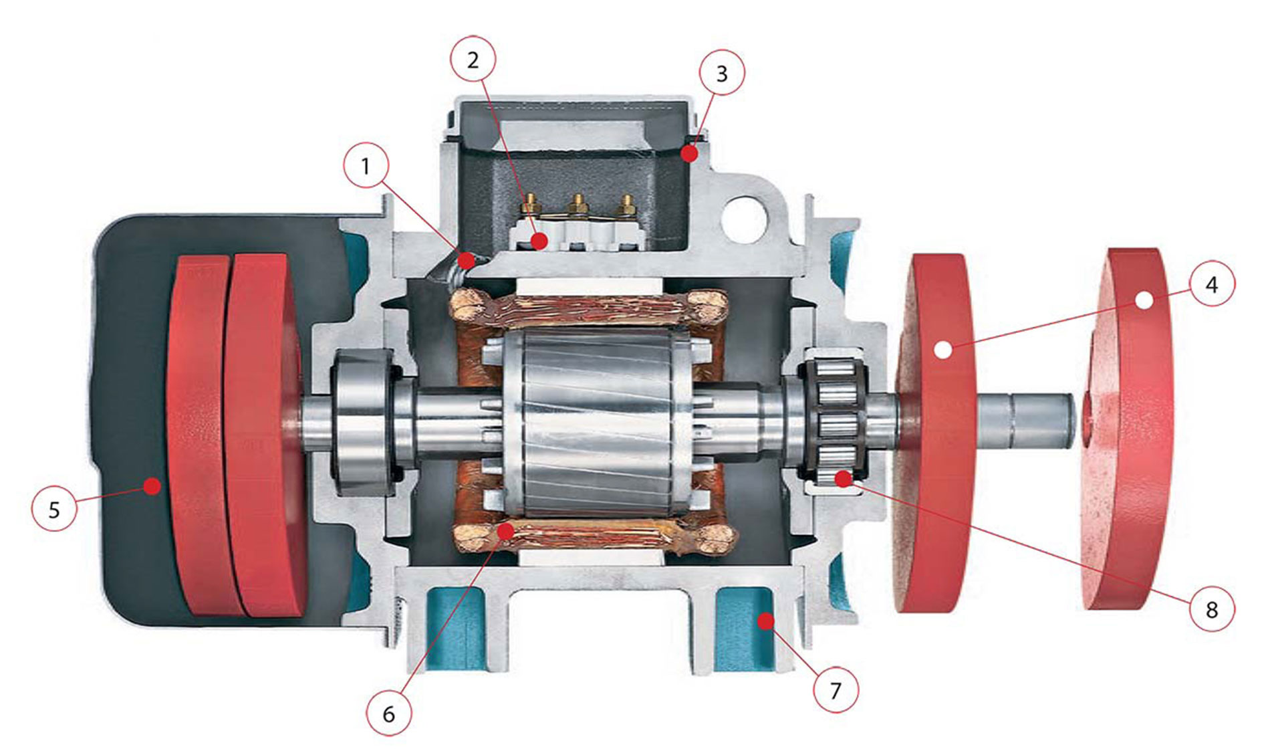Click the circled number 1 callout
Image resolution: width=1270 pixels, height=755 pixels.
click(366, 165)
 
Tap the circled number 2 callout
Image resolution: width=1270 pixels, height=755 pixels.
click(473, 60)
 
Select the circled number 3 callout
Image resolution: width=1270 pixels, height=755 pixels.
click(721, 73)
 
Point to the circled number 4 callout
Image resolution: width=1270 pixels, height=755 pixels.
click(1211, 285)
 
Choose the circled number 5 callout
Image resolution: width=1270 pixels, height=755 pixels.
click(54, 510)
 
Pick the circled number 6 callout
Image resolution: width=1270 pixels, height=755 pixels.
click(388, 714)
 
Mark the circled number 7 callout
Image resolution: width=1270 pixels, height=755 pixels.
click(835, 690)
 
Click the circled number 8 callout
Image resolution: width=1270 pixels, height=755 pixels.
click(1211, 609)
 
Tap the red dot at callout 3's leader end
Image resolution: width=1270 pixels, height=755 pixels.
click(689, 154)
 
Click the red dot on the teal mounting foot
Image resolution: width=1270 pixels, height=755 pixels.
click(765, 622)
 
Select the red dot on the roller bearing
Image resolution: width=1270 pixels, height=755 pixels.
click(844, 478)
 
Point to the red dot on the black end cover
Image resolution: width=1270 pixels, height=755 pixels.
click(153, 486)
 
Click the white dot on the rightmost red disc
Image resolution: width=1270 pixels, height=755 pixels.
click(1144, 300)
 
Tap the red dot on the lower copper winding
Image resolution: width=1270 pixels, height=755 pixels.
click(506, 532)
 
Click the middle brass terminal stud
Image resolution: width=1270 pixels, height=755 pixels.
click(578, 203)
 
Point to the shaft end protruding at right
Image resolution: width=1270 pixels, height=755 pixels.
click(1043, 421)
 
